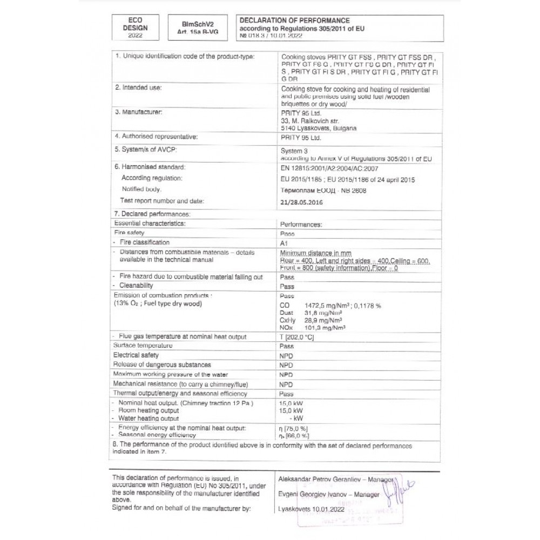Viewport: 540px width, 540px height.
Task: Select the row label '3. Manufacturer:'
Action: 139,112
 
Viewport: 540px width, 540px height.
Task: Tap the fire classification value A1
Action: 285,243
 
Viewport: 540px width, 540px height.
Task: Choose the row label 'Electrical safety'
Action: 136,355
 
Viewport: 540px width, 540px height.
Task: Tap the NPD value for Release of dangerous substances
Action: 286,365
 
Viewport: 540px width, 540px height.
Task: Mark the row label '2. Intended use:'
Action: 138,86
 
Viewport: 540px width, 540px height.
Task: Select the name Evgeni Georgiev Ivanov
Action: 309,494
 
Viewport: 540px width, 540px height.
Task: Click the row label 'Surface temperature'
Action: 143,345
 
